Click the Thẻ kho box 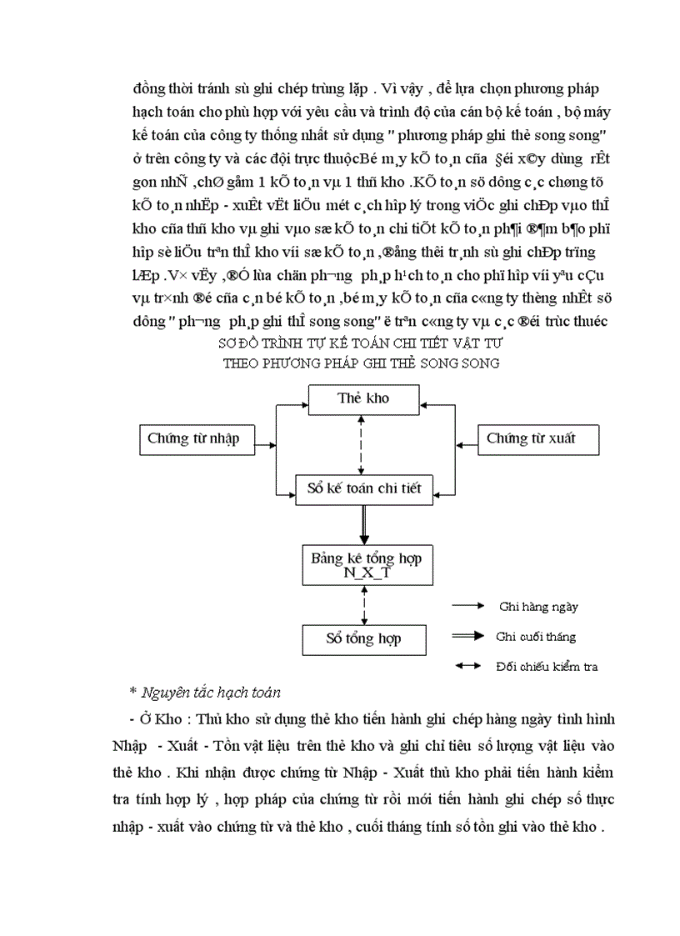click(363, 399)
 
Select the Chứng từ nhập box click(192, 438)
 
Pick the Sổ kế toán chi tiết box click(365, 489)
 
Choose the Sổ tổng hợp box click(363, 639)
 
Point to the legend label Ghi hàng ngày click(538, 607)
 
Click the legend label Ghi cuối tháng click(535, 637)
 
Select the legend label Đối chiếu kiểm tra click(546, 666)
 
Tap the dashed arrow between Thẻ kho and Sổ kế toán click(361, 443)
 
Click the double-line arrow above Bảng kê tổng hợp click(363, 524)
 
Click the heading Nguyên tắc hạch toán click(211, 692)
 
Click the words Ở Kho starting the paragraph click(147, 718)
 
